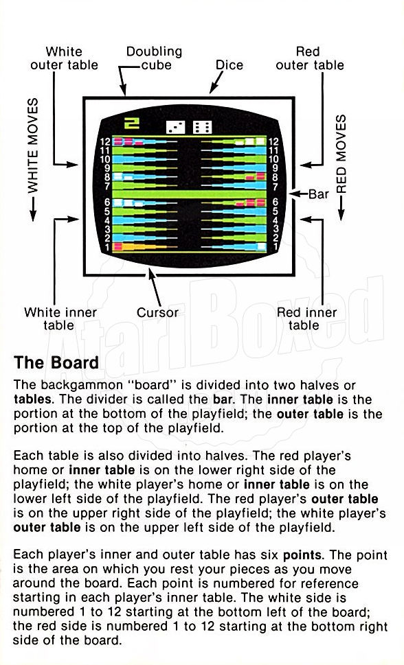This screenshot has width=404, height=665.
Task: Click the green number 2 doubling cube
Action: (132, 123)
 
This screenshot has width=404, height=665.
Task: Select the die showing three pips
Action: (176, 127)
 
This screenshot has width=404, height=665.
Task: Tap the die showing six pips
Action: (202, 127)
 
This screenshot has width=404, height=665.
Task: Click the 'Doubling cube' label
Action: (154, 58)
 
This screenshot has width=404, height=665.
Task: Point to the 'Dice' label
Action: (229, 65)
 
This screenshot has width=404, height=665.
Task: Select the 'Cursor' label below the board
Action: (157, 312)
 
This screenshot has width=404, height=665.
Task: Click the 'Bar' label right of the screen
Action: (319, 194)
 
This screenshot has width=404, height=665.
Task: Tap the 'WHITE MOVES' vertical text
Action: (33, 146)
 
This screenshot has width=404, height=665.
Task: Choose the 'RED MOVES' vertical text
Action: (341, 154)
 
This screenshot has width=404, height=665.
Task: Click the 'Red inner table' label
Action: (306, 318)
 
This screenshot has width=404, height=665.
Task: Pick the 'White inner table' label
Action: (60, 318)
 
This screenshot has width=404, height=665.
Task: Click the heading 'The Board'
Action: (56, 362)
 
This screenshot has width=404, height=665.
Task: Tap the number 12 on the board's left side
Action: (105, 142)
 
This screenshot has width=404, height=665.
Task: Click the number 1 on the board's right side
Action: (276, 247)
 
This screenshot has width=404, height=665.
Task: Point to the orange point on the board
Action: (144, 246)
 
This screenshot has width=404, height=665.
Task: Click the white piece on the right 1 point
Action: (261, 246)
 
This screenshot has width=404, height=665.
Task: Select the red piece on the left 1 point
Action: (117, 246)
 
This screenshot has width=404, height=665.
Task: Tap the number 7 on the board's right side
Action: (276, 187)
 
